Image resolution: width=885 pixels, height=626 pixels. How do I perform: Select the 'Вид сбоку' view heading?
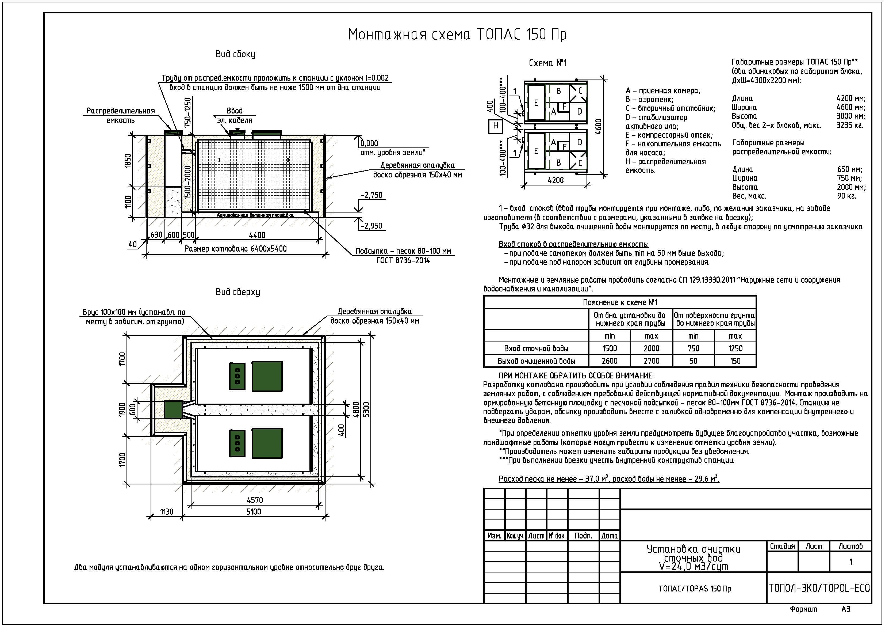tap(235, 54)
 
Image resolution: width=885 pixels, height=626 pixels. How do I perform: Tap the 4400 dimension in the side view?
tap(257, 235)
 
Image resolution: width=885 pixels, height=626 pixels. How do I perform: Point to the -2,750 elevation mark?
tap(371, 195)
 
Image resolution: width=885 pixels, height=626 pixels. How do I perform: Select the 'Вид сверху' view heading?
tap(237, 292)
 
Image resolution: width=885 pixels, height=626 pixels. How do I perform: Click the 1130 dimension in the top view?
tap(167, 512)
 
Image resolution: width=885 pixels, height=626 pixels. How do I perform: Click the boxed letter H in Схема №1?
tap(495, 126)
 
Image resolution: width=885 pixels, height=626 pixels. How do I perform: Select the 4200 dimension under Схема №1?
tap(555, 180)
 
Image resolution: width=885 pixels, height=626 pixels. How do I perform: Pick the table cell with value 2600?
tap(610, 361)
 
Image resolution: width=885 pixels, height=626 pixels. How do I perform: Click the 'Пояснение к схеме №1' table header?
tap(620, 302)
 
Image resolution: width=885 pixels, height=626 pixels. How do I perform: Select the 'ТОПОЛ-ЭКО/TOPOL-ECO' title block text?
tap(819, 588)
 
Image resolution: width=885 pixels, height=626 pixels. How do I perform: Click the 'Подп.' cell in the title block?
tap(583, 536)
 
